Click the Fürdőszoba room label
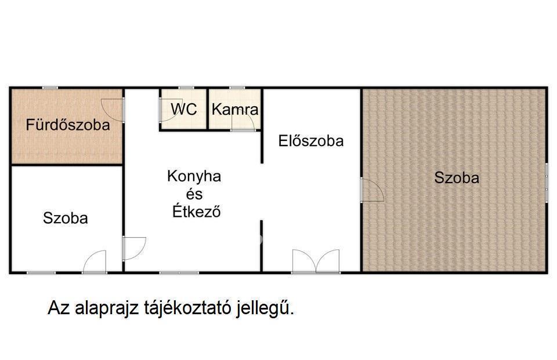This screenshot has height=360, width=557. [x=68, y=125]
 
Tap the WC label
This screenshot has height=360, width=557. [x=184, y=109]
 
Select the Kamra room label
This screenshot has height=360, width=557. [x=235, y=110]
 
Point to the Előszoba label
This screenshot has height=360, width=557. [x=311, y=141]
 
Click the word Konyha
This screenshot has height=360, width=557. [x=194, y=176]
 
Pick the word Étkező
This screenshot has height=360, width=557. [x=197, y=211]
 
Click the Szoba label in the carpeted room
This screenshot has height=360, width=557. [x=457, y=177]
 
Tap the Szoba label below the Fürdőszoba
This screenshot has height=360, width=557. [x=66, y=218]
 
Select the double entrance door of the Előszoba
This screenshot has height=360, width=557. [x=316, y=261]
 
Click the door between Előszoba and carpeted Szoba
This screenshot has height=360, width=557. [x=372, y=190]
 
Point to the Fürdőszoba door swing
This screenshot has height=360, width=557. [x=113, y=110]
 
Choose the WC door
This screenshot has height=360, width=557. [x=167, y=110]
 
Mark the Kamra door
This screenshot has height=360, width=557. [x=243, y=123]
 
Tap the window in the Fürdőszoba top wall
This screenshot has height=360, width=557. [x=50, y=88]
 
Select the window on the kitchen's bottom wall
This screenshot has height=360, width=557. [x=179, y=272]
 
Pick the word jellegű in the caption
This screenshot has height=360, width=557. [x=265, y=308]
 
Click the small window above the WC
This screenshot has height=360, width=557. [x=186, y=88]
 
